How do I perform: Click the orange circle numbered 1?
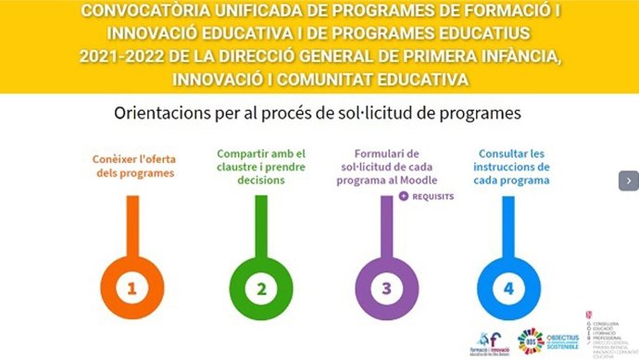132,288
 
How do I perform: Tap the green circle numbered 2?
261,288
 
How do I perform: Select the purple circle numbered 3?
386,288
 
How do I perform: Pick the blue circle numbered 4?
507,288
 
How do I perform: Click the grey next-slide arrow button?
629,180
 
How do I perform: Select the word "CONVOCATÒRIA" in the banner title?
152,13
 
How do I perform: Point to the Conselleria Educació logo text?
611,334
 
